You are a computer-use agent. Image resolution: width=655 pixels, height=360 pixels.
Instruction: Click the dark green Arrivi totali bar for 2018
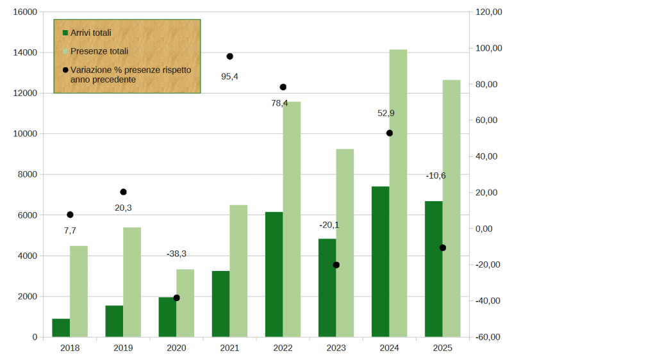click(61, 327)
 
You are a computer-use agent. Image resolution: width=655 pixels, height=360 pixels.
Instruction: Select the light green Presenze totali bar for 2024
click(398, 192)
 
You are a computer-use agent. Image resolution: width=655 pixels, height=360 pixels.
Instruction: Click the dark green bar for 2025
click(433, 269)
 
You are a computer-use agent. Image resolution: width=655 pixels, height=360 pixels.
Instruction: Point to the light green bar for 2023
click(345, 243)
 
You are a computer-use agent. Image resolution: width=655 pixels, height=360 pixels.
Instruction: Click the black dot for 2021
click(229, 56)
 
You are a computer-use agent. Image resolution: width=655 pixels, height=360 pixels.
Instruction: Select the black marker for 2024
click(389, 133)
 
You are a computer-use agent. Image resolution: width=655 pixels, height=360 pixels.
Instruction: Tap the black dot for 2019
click(123, 192)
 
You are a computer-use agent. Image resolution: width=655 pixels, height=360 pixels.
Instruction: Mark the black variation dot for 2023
click(336, 265)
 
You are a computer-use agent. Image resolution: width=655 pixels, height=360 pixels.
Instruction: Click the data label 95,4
click(229, 76)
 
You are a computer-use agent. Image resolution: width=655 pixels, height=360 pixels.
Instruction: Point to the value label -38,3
click(176, 254)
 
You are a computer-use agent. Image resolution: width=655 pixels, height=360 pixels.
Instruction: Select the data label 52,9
click(386, 113)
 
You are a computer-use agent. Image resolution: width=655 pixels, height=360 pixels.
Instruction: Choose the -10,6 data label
click(436, 176)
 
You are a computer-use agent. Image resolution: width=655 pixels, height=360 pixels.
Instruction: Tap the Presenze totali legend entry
click(99, 51)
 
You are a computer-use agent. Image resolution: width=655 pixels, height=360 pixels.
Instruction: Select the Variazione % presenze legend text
click(130, 74)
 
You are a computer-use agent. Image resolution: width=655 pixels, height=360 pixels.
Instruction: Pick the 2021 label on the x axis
click(229, 348)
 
